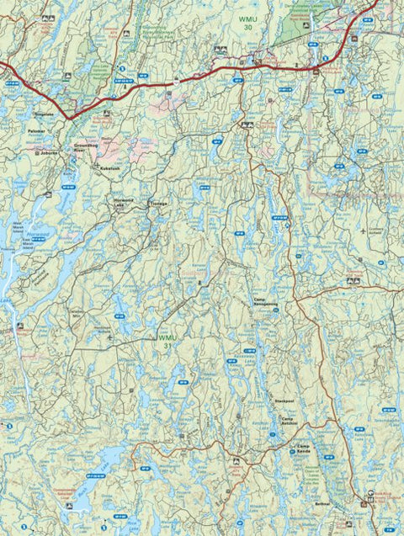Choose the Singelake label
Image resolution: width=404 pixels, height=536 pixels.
click(44, 112)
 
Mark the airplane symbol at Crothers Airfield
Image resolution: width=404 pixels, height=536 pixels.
click(362, 230)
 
